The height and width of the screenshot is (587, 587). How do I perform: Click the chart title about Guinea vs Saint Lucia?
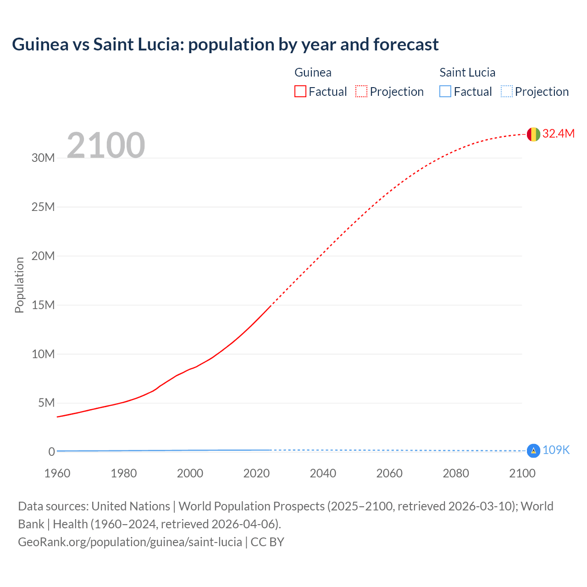[225, 44]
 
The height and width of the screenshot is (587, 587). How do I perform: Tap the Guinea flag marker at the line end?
[533, 134]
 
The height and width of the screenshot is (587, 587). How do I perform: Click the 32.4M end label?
[558, 133]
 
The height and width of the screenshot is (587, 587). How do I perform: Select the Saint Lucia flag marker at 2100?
[533, 451]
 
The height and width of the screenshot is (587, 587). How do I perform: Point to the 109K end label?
[556, 450]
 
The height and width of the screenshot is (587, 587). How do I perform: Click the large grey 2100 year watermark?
[106, 145]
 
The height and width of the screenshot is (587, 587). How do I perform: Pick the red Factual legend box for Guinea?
[300, 91]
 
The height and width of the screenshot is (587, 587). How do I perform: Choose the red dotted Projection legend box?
[361, 91]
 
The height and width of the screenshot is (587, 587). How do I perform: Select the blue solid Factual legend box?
[445, 91]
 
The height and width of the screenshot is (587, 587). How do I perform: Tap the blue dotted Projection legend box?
[507, 91]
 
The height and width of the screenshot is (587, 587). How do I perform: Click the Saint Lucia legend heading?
[467, 72]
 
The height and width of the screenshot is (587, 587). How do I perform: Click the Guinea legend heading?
[313, 72]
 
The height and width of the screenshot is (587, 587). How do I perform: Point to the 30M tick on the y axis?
[43, 158]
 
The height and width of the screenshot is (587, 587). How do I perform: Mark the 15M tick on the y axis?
[43, 305]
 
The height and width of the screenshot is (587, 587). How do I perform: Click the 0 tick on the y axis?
[51, 452]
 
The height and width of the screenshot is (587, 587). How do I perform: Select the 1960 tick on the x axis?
[57, 473]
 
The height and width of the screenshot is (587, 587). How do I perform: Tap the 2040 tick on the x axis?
[323, 473]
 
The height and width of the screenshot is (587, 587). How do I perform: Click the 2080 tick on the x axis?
[456, 473]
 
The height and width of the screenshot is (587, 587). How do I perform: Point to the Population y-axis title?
[19, 285]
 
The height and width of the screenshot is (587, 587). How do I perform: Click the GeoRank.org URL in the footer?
[130, 542]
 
